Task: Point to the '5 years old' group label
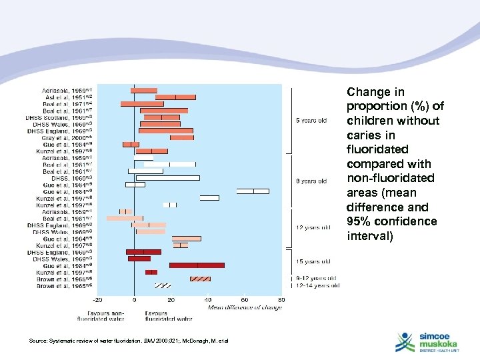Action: (311, 121)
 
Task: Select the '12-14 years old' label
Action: (319, 285)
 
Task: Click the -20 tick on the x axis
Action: (97, 300)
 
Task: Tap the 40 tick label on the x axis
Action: (208, 300)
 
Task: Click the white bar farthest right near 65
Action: (253, 191)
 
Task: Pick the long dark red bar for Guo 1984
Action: (197, 265)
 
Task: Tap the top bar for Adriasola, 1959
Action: (144, 90)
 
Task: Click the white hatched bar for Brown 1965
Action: (163, 285)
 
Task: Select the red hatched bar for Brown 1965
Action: (200, 279)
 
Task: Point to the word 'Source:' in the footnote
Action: (39, 341)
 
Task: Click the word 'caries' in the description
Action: (365, 135)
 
